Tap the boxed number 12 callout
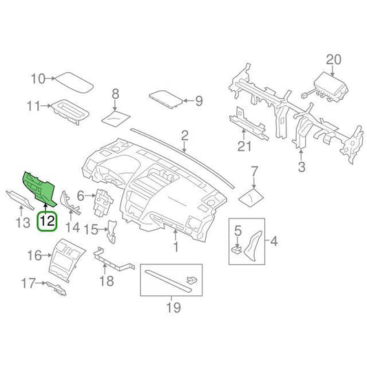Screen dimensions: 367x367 [x=47, y=222]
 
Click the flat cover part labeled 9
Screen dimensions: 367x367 [x=165, y=101]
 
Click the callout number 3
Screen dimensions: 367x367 [x=301, y=167]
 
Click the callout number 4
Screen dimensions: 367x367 [x=274, y=241]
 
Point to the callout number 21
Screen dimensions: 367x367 [x=242, y=145]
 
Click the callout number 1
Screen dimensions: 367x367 [x=175, y=244]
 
